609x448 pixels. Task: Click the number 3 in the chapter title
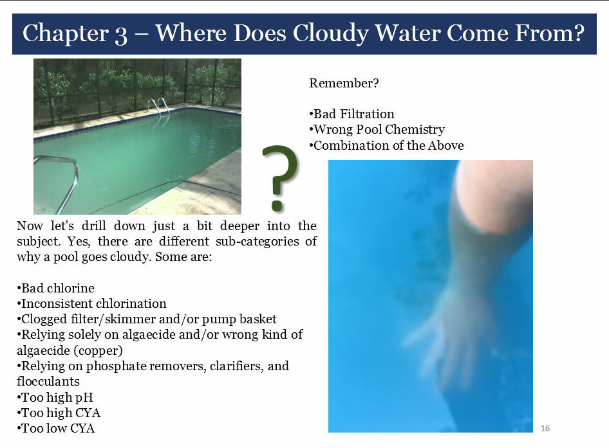click(121, 35)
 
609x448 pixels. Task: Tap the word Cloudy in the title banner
click(330, 33)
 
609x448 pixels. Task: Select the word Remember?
click(344, 83)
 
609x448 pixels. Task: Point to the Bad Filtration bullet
click(351, 114)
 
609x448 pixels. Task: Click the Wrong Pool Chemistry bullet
click(377, 129)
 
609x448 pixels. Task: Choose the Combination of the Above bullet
click(386, 145)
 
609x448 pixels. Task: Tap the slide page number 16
click(545, 428)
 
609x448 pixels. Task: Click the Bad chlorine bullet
click(55, 288)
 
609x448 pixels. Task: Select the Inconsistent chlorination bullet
click(91, 303)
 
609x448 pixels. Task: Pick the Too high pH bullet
click(55, 397)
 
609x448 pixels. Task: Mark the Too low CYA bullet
click(55, 428)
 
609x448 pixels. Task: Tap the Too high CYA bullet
click(59, 413)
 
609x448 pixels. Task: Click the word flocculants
click(48, 381)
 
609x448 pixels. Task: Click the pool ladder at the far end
click(159, 106)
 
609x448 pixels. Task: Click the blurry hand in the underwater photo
click(443, 334)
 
